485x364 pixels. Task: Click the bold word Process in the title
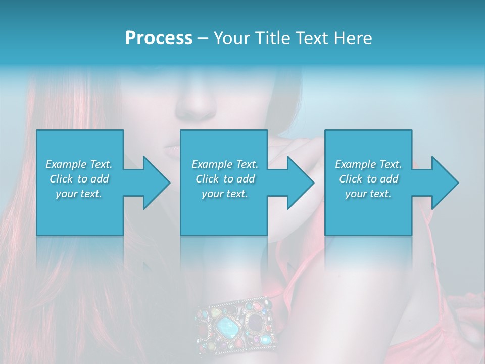[x=159, y=38]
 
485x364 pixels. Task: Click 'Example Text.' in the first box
[x=79, y=164]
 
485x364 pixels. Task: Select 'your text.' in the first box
[x=79, y=194]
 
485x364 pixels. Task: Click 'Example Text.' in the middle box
[x=225, y=164]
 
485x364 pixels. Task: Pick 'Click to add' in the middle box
[x=225, y=179]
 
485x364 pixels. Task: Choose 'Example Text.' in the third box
[x=368, y=164]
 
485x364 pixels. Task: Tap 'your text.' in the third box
[x=368, y=194]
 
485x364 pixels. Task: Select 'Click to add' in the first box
[x=79, y=179]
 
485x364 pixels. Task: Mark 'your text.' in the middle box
[x=225, y=194]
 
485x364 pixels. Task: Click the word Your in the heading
[x=229, y=38]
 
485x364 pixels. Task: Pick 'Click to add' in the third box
[x=368, y=179]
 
